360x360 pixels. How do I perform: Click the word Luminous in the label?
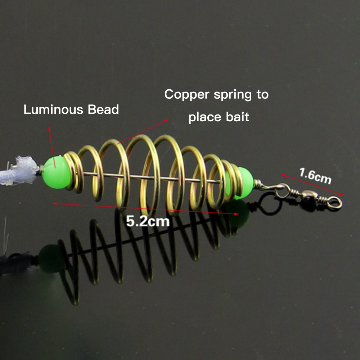(x=53, y=109)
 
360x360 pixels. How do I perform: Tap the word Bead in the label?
(x=103, y=109)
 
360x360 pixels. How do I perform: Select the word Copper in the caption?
(x=187, y=94)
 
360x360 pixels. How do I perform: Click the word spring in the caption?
(x=233, y=95)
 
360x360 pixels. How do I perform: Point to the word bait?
(x=237, y=117)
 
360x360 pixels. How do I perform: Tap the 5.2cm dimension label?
(x=148, y=221)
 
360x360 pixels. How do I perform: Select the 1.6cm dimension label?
(x=315, y=176)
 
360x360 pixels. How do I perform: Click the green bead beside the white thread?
(x=56, y=172)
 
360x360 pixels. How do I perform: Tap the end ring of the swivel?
(x=334, y=203)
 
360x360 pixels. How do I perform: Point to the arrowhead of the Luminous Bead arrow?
(x=49, y=129)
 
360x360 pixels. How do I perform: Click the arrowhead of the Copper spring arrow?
(x=166, y=121)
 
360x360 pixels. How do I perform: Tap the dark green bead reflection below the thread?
(x=50, y=258)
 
